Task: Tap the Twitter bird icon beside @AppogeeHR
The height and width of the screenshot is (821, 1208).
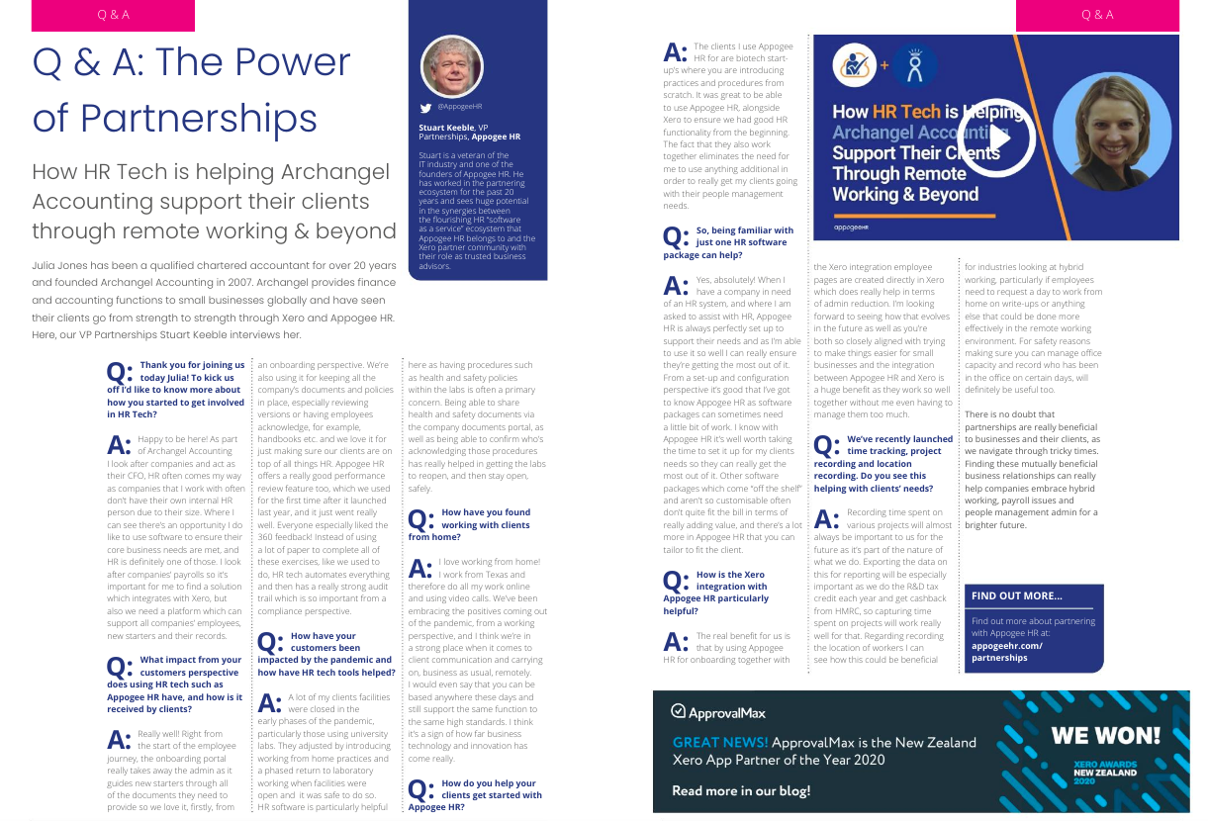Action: (426, 106)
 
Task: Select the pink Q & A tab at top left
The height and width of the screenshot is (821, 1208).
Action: (113, 15)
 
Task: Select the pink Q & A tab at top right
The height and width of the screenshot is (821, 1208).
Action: (1097, 15)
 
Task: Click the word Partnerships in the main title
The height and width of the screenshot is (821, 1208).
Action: (175, 119)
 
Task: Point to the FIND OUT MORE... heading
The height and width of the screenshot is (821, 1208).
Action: (1016, 596)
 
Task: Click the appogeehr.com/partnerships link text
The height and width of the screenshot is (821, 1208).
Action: (1006, 652)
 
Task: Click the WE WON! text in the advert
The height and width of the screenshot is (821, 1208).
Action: (1105, 735)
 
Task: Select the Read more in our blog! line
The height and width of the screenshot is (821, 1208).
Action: (741, 790)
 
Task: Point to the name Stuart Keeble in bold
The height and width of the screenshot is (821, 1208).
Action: (446, 128)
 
